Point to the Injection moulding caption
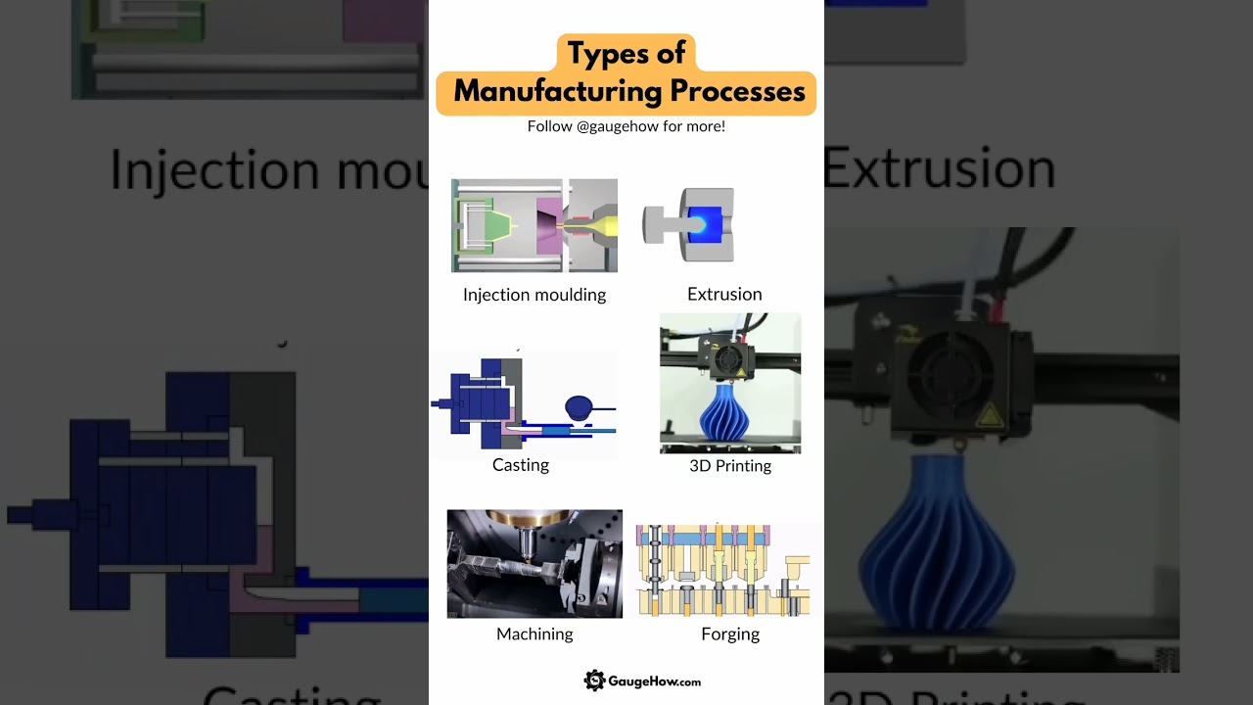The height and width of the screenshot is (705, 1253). pyautogui.click(x=534, y=295)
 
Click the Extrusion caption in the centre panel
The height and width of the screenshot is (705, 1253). pyautogui.click(x=724, y=294)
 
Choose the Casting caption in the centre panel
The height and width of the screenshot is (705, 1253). pyautogui.click(x=521, y=465)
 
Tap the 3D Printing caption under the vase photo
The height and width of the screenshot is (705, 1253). pyautogui.click(x=730, y=466)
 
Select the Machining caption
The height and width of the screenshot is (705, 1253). pyautogui.click(x=534, y=634)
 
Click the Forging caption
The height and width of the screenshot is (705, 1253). pyautogui.click(x=730, y=634)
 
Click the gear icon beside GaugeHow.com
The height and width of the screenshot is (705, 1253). pyautogui.click(x=594, y=681)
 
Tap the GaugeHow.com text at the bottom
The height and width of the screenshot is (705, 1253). pyautogui.click(x=655, y=681)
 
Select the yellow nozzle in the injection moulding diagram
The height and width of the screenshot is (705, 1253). pyautogui.click(x=609, y=226)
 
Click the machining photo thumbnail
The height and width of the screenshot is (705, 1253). pyautogui.click(x=534, y=563)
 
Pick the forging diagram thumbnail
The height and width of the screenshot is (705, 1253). pyautogui.click(x=723, y=569)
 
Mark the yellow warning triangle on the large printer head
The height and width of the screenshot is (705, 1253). pyautogui.click(x=990, y=415)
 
